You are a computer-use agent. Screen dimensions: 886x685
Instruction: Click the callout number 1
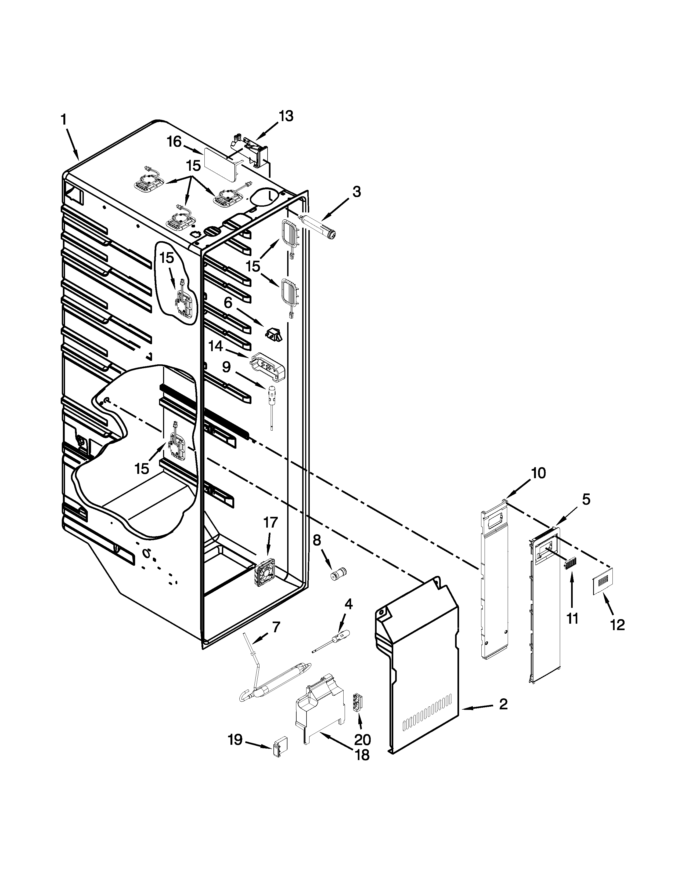(x=64, y=120)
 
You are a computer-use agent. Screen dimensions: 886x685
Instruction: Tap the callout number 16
(x=175, y=142)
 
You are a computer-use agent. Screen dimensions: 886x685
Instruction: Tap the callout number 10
(x=539, y=473)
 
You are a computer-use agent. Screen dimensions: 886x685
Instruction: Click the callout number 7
(x=276, y=627)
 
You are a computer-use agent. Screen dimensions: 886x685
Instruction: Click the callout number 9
(x=226, y=367)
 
